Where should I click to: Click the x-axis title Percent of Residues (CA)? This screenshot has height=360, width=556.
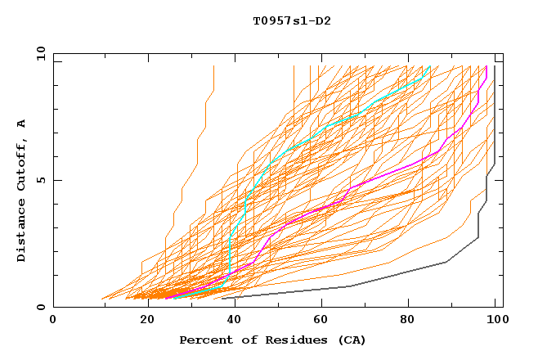click(273, 340)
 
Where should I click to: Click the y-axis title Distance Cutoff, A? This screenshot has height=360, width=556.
click(22, 190)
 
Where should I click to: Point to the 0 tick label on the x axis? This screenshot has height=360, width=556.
click(54, 321)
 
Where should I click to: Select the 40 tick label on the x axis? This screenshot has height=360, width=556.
click(231, 321)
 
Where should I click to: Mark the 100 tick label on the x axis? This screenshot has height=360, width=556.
click(495, 321)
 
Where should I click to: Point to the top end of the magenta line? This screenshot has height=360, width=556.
click(486, 66)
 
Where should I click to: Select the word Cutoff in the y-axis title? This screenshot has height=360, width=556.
click(22, 169)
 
